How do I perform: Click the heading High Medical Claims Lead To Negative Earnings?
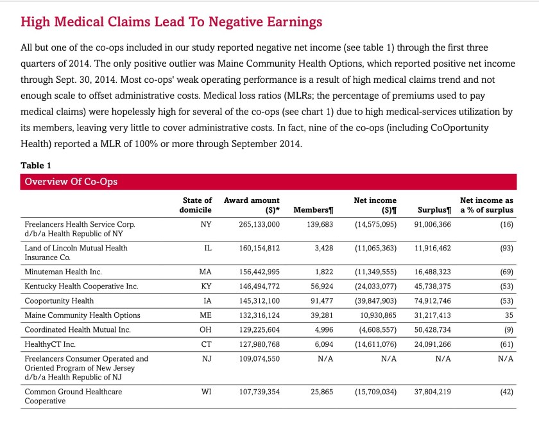click(x=171, y=22)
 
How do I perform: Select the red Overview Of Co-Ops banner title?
click(x=71, y=182)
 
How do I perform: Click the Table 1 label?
click(x=36, y=165)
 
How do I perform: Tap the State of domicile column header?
click(x=197, y=205)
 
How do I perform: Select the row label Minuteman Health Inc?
click(x=63, y=272)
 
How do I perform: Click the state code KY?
click(x=206, y=286)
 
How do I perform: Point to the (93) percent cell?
click(x=506, y=248)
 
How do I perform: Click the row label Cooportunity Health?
click(x=59, y=301)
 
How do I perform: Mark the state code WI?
click(x=206, y=391)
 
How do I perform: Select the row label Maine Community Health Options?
click(x=82, y=315)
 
